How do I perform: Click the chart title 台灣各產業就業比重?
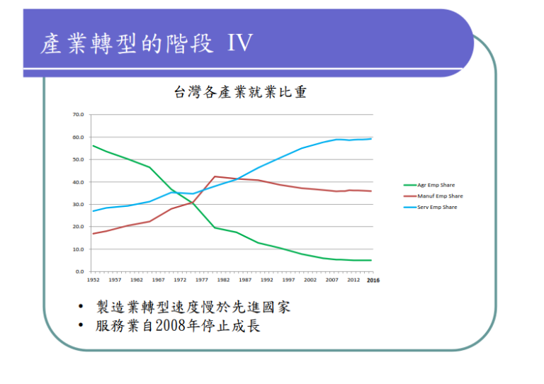pyautogui.click(x=240, y=92)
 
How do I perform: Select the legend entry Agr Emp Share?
pyautogui.click(x=436, y=185)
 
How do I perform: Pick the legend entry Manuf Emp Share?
pyautogui.click(x=439, y=196)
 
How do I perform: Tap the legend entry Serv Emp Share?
pyautogui.click(x=437, y=207)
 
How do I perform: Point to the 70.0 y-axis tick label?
pyautogui.click(x=78, y=114)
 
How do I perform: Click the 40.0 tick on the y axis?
pyautogui.click(x=78, y=182)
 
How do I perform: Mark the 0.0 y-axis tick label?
pyautogui.click(x=79, y=271)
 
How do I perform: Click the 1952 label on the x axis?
pyautogui.click(x=93, y=281)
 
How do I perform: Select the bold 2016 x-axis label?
pyautogui.click(x=373, y=281)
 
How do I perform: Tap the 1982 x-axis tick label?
pyautogui.click(x=224, y=281)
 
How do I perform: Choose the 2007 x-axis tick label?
pyautogui.click(x=333, y=281)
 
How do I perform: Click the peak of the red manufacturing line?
pyautogui.click(x=214, y=176)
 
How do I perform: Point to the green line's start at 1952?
pyautogui.click(x=93, y=146)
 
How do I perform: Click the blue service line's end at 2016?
pyautogui.click(x=371, y=139)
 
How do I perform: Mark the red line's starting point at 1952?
pyautogui.click(x=93, y=234)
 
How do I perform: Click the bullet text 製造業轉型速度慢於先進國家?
pyautogui.click(x=193, y=307)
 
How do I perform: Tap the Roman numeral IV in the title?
pyautogui.click(x=240, y=43)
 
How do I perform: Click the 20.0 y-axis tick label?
pyautogui.click(x=78, y=227)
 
